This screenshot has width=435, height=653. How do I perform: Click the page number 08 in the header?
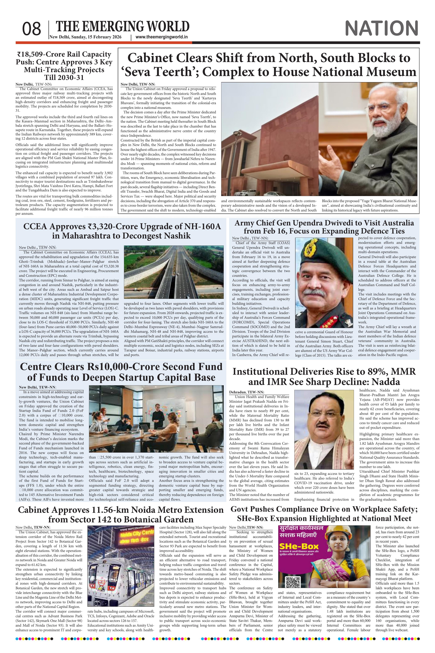point(32,29)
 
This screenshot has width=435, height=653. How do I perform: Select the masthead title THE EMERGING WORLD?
point(123,27)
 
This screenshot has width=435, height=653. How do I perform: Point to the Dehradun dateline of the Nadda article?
point(238,392)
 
